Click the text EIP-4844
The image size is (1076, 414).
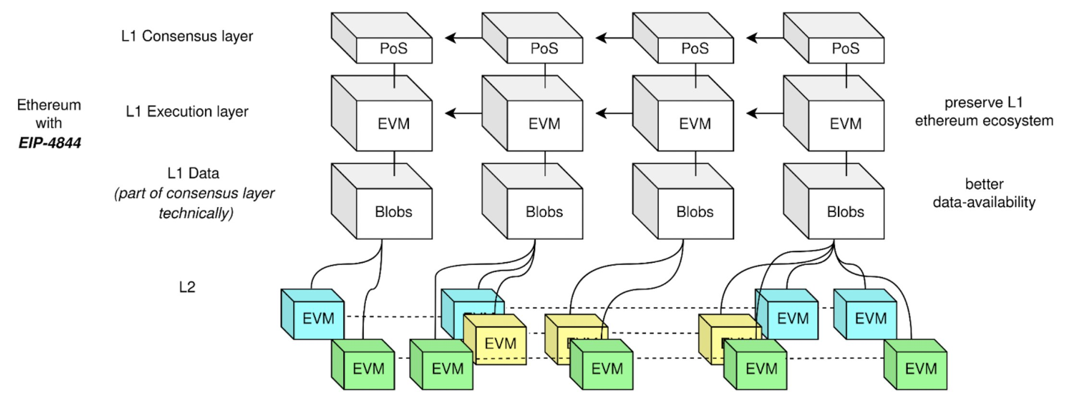[49, 143]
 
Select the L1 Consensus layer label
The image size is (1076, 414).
[187, 36]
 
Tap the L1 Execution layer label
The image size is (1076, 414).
[187, 111]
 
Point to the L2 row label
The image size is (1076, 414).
[187, 287]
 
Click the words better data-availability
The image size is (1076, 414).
[984, 193]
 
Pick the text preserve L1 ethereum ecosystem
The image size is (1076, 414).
[984, 111]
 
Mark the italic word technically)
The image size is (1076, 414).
[196, 213]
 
